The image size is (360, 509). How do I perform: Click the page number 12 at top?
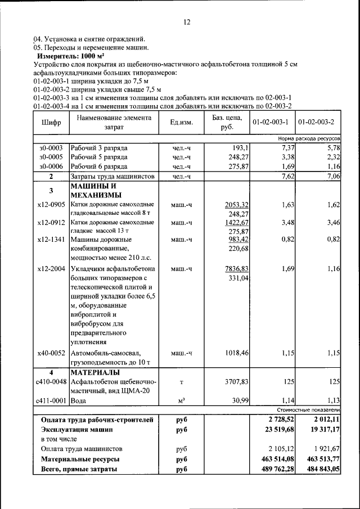pos(187,22)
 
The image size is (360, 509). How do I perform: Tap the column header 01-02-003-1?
pos(271,122)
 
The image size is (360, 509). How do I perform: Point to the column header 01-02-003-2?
pos(316,122)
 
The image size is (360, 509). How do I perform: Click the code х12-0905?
pos(51,204)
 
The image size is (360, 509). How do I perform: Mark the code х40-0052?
pos(51,353)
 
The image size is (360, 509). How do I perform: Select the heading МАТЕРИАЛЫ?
pos(95,372)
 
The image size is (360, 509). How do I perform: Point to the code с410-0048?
pos(51,382)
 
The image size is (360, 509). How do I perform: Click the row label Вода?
pos(80,401)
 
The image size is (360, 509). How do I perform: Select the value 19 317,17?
pos(319,430)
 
